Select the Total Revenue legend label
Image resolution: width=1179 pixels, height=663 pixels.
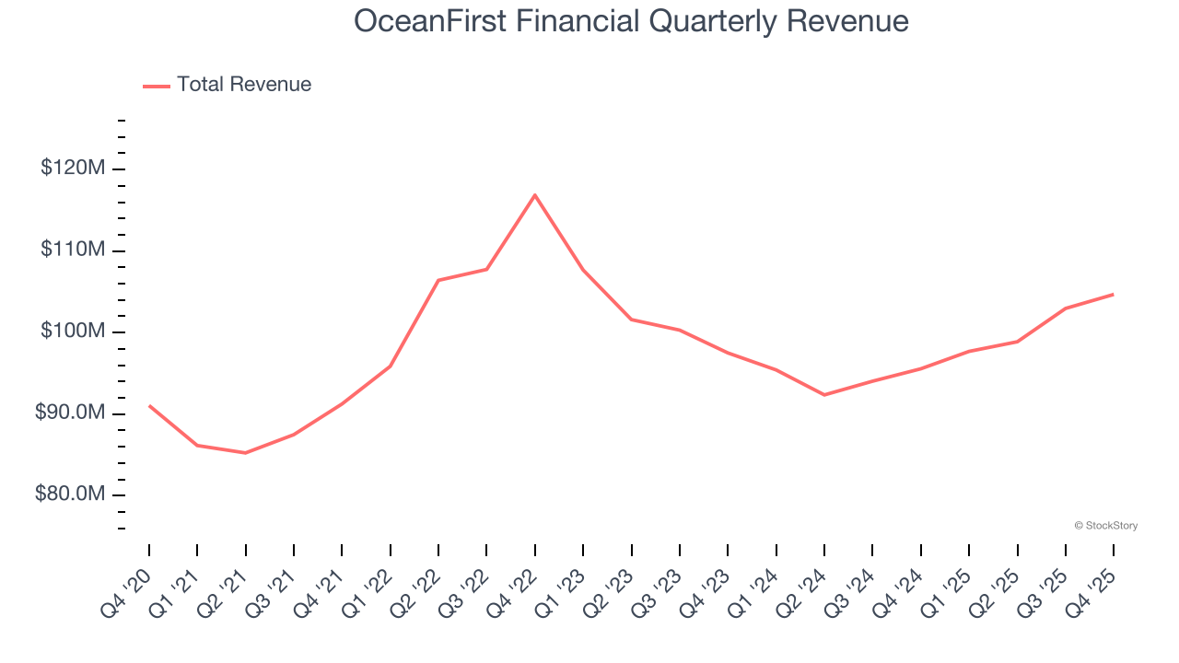click(x=244, y=85)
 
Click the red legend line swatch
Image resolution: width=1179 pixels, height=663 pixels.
click(x=157, y=86)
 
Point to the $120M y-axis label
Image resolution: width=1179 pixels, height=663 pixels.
click(x=73, y=169)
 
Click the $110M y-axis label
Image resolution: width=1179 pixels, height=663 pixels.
click(x=73, y=250)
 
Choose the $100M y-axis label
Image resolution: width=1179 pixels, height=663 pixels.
click(x=73, y=331)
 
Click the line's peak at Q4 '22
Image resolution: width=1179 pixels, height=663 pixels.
click(x=535, y=195)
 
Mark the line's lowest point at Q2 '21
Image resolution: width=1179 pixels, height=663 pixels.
click(x=245, y=453)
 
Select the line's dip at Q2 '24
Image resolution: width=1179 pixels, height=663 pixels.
click(x=824, y=395)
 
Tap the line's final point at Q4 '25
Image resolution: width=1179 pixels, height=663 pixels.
click(x=1114, y=295)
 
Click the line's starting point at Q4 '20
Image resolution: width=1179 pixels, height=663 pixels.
click(x=149, y=405)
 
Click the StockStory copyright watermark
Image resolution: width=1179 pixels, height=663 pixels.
click(x=1105, y=526)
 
